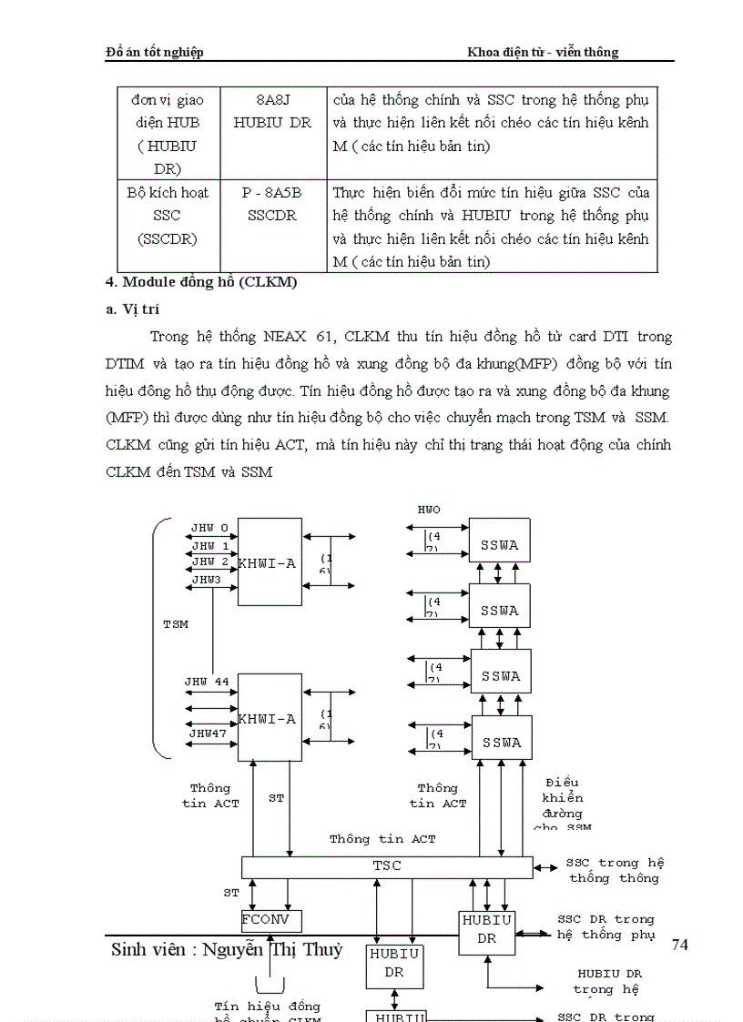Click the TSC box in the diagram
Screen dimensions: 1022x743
387,866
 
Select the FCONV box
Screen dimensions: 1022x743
271,919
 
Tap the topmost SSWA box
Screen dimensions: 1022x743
499,545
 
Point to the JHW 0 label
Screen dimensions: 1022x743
209,528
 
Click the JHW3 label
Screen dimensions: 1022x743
207,580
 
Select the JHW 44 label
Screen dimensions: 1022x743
206,681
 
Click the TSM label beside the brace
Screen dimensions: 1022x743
176,624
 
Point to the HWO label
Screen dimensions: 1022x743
429,511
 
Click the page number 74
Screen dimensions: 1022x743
679,945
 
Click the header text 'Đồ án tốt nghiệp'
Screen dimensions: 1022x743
155,52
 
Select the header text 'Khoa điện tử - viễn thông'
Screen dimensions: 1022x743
543,52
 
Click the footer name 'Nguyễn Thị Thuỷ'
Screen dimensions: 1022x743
272,949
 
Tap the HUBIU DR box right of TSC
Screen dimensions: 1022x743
487,928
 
